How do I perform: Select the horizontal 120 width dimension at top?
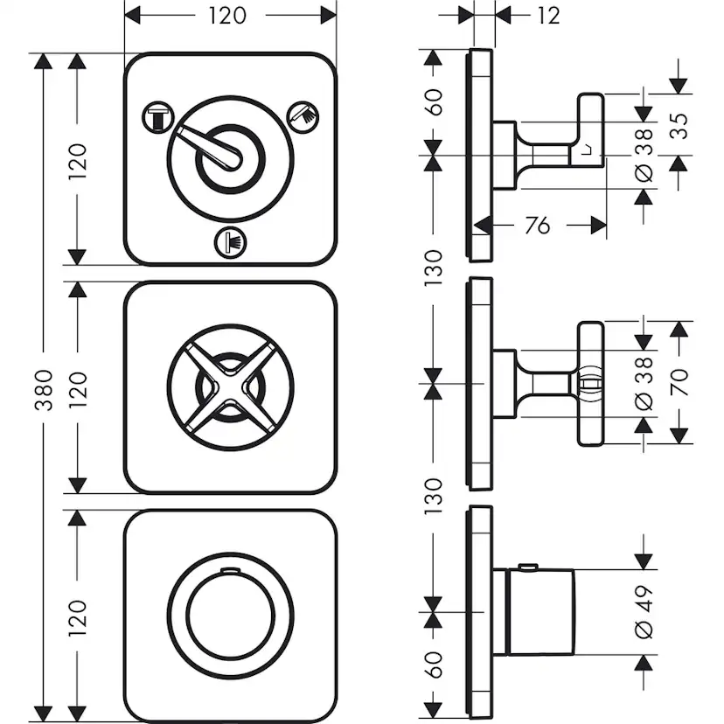(229, 15)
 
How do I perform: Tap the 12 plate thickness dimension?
(547, 15)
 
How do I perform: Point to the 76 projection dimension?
(539, 226)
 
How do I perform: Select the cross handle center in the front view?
(230, 385)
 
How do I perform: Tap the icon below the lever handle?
(230, 242)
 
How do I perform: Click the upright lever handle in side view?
(588, 131)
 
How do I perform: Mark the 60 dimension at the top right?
(435, 102)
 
